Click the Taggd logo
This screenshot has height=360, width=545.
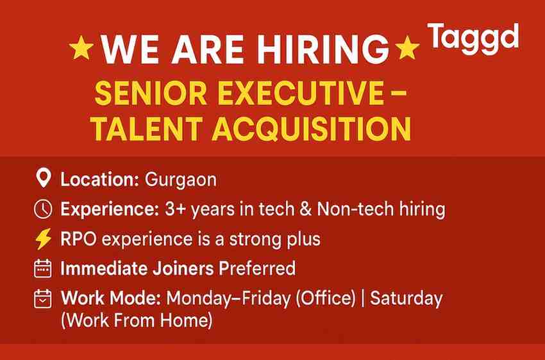473,38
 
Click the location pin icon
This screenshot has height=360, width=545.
42,179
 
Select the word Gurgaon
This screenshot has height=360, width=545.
181,180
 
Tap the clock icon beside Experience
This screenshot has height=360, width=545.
42,209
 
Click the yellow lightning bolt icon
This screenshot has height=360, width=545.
42,239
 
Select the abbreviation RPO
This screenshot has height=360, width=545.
78,239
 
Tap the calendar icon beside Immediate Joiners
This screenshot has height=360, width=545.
42,268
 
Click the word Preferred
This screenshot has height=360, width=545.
257,268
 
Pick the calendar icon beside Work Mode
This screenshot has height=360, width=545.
42,298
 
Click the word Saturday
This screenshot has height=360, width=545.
407,298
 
